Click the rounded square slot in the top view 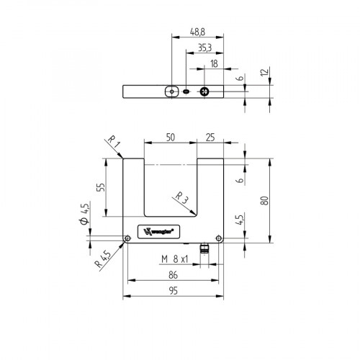pyautogui.click(x=171, y=91)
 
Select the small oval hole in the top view pyautogui.click(x=187, y=92)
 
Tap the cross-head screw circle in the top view pyautogui.click(x=205, y=91)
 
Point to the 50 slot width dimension pyautogui.click(x=170, y=136)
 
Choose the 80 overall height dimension pyautogui.click(x=265, y=200)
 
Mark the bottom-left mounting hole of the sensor pyautogui.click(x=127, y=238)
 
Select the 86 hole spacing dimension pyautogui.click(x=174, y=275)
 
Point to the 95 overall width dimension pyautogui.click(x=174, y=290)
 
